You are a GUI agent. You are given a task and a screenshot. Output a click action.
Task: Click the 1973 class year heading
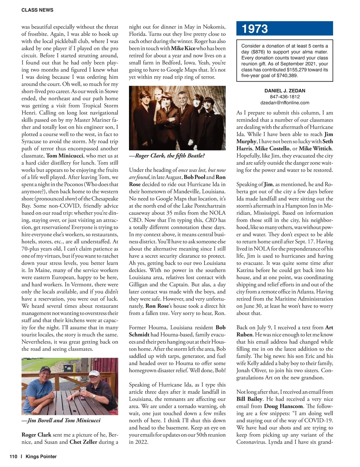pyautogui.click(x=255, y=29)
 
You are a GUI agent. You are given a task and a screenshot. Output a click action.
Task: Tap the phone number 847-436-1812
pyautogui.click(x=285, y=97)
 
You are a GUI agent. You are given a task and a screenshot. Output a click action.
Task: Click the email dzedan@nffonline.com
pyautogui.click(x=285, y=103)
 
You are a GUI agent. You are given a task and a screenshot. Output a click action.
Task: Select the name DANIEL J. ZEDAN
pyautogui.click(x=285, y=91)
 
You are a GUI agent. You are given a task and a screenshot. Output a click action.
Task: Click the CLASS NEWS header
pyautogui.click(x=37, y=10)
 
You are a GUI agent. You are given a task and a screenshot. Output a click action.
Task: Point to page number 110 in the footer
pyautogui.click(x=13, y=457)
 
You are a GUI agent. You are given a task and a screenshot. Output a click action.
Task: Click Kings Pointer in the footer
pyautogui.click(x=41, y=457)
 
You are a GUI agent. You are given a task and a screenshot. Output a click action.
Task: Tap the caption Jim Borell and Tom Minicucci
pyautogui.click(x=61, y=421)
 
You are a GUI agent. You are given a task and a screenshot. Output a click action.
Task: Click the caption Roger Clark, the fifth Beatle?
pyautogui.click(x=167, y=156)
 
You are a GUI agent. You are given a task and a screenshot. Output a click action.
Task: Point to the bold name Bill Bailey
pyautogui.click(x=249, y=399)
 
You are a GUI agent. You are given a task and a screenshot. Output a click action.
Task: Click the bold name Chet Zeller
pyautogui.click(x=83, y=442)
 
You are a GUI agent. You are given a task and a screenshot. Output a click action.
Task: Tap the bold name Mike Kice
pyautogui.click(x=183, y=49)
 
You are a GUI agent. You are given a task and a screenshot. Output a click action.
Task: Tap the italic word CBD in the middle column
pyautogui.click(x=211, y=220)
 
